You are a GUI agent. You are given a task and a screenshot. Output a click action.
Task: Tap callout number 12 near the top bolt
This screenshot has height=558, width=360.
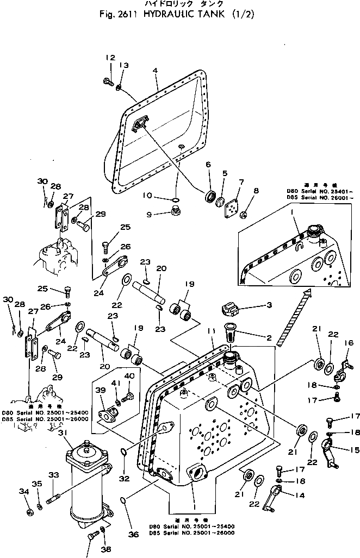[110, 58]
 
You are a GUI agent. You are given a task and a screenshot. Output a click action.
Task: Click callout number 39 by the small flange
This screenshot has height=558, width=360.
[100, 390]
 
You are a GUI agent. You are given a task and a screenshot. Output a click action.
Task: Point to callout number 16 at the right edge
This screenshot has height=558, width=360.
[348, 343]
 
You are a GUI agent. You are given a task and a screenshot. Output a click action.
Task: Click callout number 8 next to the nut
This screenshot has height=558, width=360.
[257, 191]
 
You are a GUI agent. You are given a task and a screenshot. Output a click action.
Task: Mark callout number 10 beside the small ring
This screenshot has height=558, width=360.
[156, 195]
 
